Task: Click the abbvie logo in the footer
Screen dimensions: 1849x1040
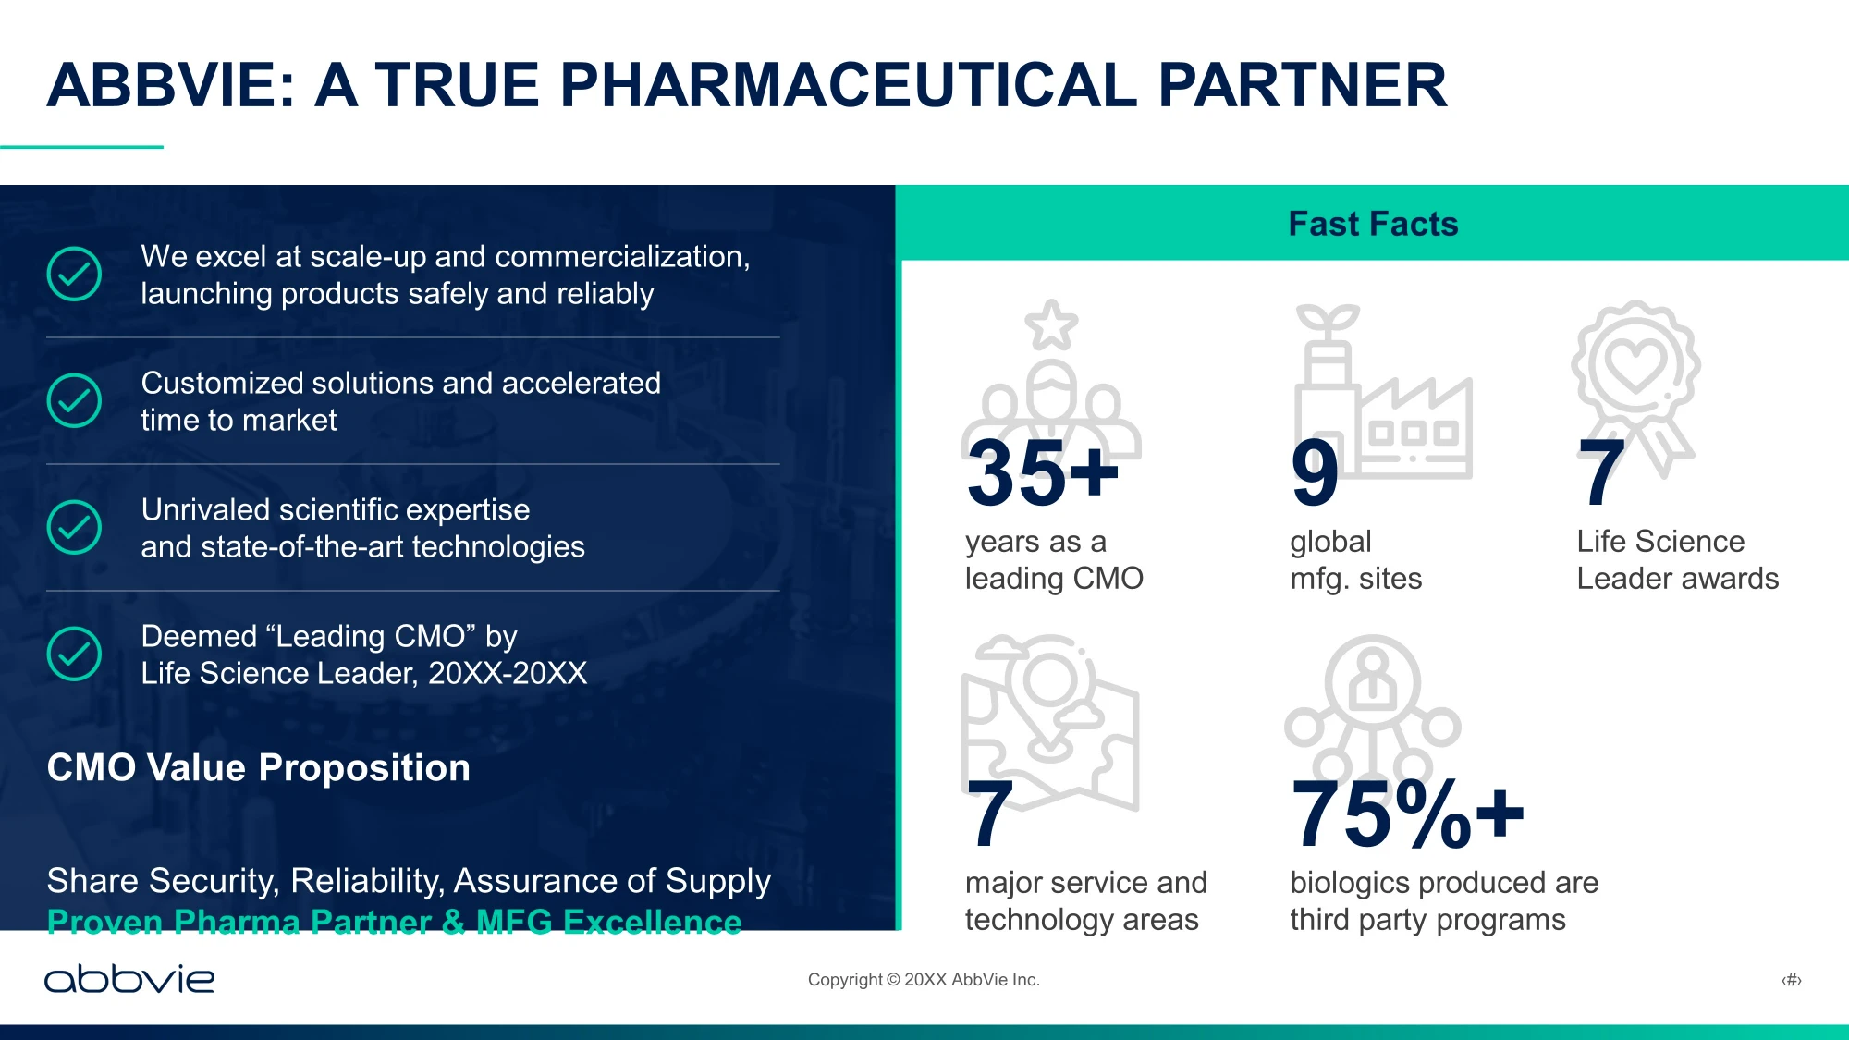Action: click(129, 979)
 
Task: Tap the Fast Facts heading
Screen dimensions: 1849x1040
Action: click(1373, 224)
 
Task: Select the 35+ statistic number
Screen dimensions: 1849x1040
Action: click(1042, 472)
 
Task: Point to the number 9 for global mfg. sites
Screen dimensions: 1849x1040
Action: click(1315, 472)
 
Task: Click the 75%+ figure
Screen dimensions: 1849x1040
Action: click(1407, 814)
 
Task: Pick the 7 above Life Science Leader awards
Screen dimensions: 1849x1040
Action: click(1601, 472)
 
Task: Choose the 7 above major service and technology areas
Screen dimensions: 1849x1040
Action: click(990, 814)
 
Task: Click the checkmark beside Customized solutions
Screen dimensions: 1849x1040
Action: click(74, 400)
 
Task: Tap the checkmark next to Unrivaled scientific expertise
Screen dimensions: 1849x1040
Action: click(74, 527)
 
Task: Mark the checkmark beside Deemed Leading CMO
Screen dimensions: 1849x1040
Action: click(74, 654)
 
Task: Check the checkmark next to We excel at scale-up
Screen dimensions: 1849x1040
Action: click(74, 274)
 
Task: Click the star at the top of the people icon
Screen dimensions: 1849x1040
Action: click(1051, 324)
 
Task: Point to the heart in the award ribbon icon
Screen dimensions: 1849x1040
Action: click(1635, 364)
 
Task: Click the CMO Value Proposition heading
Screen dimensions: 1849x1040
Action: click(259, 767)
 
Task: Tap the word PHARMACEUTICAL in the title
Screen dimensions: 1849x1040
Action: click(849, 85)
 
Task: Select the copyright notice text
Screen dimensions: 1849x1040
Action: click(924, 980)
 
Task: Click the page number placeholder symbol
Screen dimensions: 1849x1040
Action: click(1792, 980)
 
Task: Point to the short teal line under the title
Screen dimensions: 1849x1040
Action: click(81, 147)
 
